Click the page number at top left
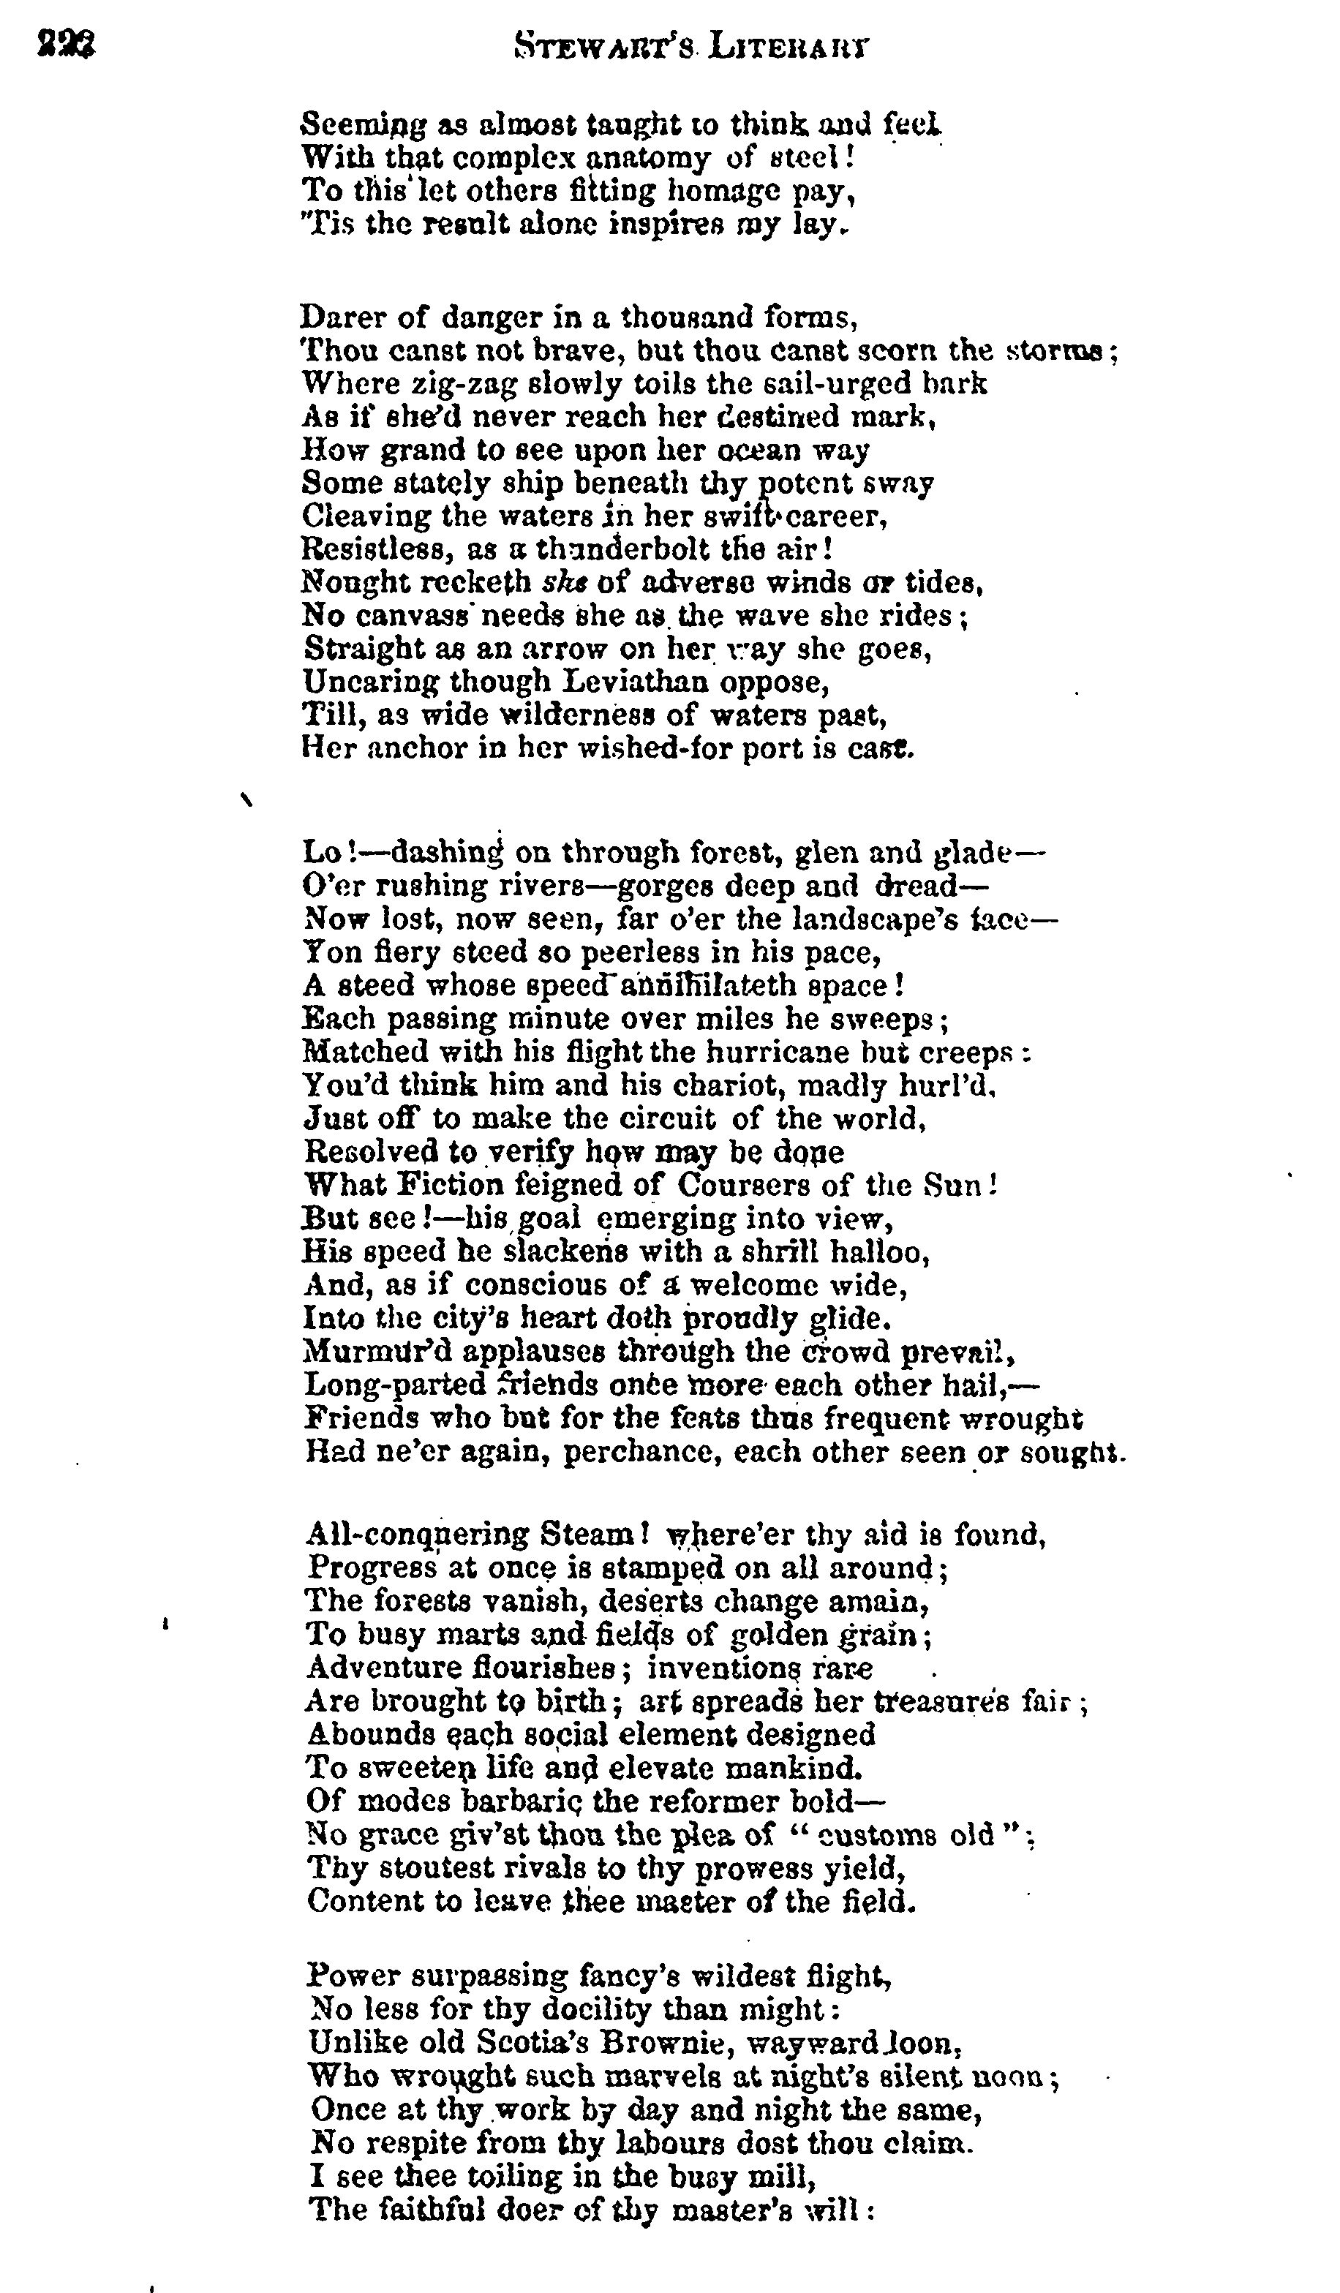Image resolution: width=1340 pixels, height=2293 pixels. (x=67, y=44)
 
